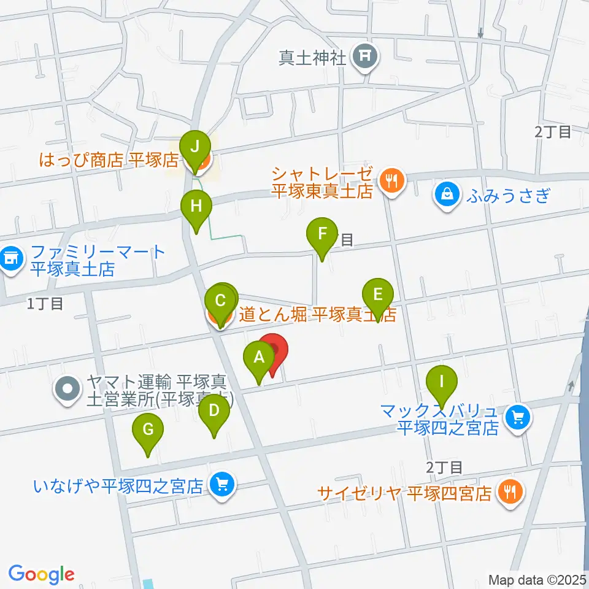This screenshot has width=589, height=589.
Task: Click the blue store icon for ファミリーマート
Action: click(10, 260)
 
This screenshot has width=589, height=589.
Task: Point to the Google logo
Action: click(41, 575)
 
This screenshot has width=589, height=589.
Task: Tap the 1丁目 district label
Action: click(45, 303)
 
